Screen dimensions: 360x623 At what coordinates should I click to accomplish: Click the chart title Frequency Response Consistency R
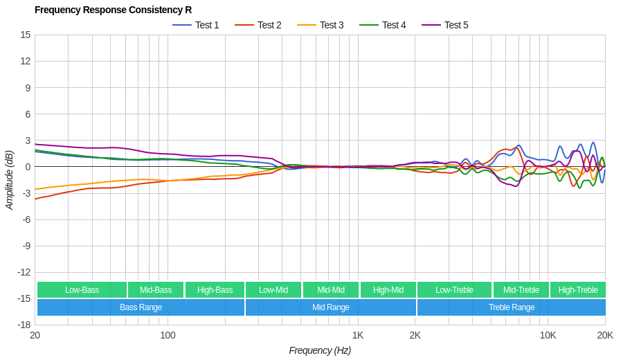click(113, 10)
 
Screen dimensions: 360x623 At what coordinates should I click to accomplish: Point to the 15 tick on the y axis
click(26, 35)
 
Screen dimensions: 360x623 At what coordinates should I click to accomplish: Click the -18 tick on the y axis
click(24, 325)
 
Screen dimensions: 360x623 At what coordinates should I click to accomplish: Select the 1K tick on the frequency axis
click(357, 336)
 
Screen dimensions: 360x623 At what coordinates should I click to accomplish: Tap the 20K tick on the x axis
click(604, 336)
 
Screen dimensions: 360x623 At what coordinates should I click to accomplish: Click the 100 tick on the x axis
click(168, 336)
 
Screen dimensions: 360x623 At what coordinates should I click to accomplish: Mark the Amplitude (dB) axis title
click(10, 180)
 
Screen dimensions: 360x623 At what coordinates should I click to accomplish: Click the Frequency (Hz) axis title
click(320, 350)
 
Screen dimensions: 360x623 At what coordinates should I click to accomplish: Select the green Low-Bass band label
click(82, 290)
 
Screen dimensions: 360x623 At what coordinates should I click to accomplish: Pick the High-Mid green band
click(388, 290)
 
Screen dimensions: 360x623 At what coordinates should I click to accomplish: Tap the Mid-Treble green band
click(521, 290)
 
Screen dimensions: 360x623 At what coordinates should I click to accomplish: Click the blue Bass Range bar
click(141, 307)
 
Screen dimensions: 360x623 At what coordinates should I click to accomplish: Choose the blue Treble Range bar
click(512, 307)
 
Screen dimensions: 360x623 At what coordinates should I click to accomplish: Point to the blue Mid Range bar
click(330, 307)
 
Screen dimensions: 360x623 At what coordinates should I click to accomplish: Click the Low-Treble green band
click(454, 290)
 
